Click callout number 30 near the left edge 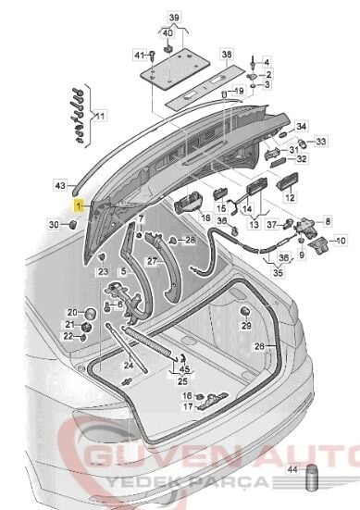55,225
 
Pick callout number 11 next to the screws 101,116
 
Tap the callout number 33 321,142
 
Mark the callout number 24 128,365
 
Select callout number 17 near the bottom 187,405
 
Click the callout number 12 289,198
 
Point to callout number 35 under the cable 279,274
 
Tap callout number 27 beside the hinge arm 153,262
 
